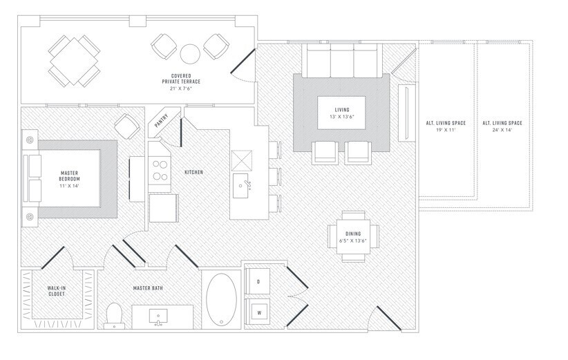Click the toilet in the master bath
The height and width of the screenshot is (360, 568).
point(114,316)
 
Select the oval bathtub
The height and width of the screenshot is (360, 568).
point(221,299)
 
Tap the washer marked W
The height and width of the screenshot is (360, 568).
point(258,312)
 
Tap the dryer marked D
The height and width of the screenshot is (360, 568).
point(258,281)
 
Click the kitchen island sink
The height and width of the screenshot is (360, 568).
point(240,186)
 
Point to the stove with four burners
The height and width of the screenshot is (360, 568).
point(160,171)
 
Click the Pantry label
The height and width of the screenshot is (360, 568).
point(162,121)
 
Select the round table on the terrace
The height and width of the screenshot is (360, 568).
point(190,54)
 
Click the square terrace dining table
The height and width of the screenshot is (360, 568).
point(74,61)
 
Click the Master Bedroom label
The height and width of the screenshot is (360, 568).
point(69,176)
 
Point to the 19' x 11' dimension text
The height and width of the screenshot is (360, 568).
point(446,130)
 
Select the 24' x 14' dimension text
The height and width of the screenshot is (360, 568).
point(502,130)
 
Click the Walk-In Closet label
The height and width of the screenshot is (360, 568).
point(57,291)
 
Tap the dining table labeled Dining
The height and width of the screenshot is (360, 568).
point(353,236)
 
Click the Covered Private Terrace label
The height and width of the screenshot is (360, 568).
point(181,79)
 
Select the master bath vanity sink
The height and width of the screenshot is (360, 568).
point(158,317)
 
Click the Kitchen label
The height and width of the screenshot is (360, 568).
point(193,172)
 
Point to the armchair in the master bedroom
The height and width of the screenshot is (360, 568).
point(127,126)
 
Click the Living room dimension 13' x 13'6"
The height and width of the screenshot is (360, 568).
point(342,117)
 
